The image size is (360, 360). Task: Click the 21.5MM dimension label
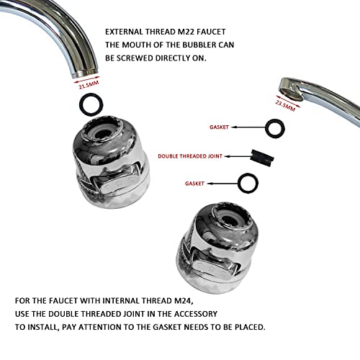pos(89,85)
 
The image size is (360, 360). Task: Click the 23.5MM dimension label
pos(285,106)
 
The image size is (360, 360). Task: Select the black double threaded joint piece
pos(262,158)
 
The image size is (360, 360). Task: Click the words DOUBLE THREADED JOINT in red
pos(190,156)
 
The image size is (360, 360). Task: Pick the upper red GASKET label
pos(219,127)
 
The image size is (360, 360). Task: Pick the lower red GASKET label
pos(194,184)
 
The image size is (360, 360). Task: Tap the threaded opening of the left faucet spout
pos(85,73)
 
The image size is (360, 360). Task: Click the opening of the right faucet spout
pos(291,94)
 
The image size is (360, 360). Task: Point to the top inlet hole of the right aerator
pos(230,220)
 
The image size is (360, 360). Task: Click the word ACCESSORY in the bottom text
pos(196,314)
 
